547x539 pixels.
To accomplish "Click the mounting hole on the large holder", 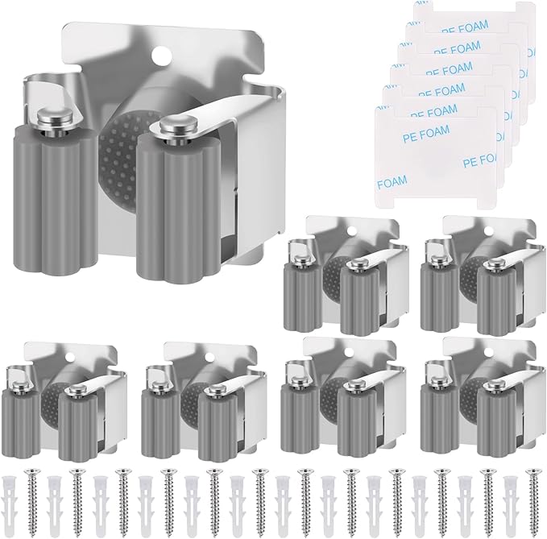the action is coord(162,53).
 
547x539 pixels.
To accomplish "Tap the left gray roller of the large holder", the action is coord(54,200).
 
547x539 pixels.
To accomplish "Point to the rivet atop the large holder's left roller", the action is coord(56,118).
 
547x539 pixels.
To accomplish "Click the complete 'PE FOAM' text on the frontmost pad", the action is coord(426,135).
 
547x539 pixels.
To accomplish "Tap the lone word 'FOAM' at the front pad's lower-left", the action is coord(392,182).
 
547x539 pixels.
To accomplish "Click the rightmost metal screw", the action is coord(533,500).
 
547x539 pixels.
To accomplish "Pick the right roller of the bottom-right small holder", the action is coord(496,425).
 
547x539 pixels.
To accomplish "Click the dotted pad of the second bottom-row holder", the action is coord(189,402).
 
